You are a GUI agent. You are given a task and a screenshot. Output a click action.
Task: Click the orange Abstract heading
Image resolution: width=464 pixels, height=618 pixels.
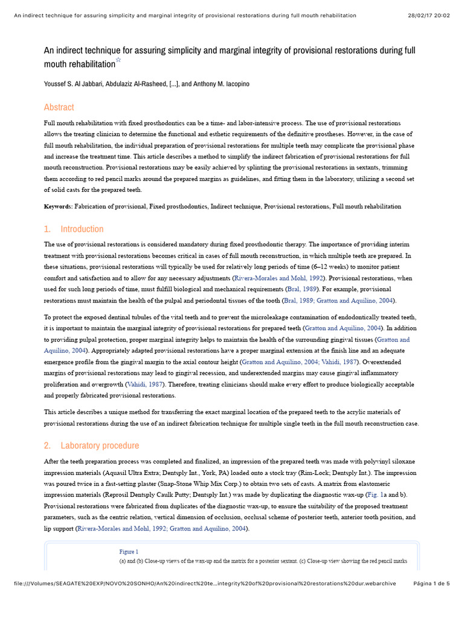coord(59,107)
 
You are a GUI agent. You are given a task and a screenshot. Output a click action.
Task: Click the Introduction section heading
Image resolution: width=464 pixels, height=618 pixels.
coord(82,229)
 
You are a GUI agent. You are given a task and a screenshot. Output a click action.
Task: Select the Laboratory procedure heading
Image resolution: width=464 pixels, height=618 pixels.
coord(100,446)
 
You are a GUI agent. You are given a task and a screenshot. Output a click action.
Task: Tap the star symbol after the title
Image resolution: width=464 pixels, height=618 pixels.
coord(118,60)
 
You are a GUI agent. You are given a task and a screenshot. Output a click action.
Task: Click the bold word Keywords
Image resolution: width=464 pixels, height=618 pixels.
coord(58,206)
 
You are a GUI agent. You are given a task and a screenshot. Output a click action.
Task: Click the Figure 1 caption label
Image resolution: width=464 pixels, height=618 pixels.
coord(129,552)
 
